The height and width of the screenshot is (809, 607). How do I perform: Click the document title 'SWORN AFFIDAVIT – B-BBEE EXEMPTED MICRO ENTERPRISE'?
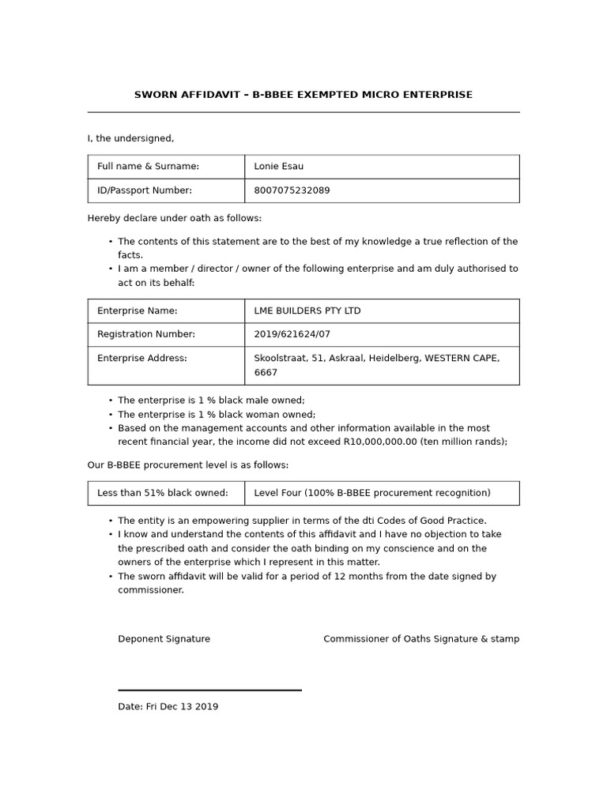click(303, 95)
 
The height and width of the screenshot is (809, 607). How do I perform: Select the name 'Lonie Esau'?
click(278, 167)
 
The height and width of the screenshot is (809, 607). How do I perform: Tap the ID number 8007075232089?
click(292, 190)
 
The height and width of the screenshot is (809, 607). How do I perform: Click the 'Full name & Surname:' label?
click(148, 167)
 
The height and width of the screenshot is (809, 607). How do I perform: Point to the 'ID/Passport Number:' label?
click(145, 190)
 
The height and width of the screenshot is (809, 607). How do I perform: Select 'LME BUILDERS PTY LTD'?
click(307, 310)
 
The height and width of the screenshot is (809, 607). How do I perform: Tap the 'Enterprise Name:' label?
click(138, 310)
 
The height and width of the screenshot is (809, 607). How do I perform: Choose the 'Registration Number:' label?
click(146, 334)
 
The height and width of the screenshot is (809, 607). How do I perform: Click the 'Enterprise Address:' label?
click(142, 358)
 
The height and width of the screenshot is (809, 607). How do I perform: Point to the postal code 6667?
click(266, 372)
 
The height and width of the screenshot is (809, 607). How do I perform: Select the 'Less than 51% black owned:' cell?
click(163, 493)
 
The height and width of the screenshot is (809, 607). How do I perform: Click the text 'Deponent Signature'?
click(164, 639)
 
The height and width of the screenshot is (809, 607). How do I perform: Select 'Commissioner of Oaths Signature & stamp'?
click(421, 639)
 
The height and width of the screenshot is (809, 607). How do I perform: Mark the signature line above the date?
click(209, 690)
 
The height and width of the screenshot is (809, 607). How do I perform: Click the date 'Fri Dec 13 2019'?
click(182, 707)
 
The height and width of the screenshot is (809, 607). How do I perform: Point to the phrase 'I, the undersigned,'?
click(130, 139)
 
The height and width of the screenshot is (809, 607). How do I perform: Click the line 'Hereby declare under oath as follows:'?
click(174, 218)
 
